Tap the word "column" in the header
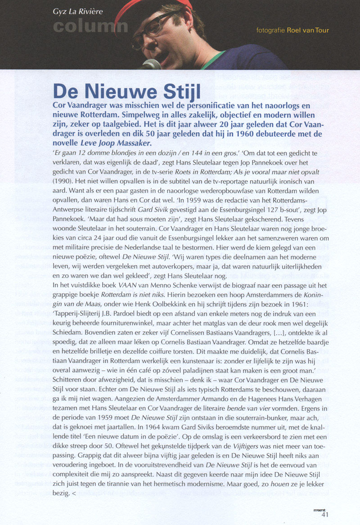pos(90,26)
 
